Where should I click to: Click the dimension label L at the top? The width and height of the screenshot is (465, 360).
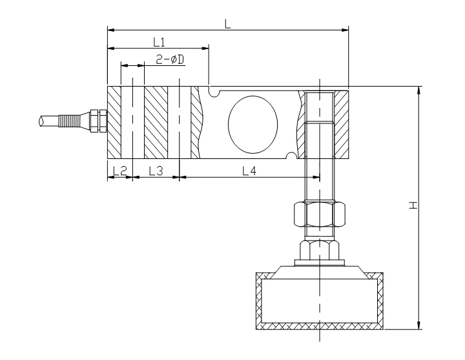[x=227, y=23]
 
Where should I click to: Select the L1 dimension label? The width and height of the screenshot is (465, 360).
[x=160, y=42]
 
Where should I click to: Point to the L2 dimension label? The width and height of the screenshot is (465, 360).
[x=119, y=171]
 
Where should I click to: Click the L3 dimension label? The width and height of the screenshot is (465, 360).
[x=156, y=171]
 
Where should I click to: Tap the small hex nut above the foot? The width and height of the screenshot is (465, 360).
[x=319, y=249]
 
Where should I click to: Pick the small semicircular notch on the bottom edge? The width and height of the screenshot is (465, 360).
[x=294, y=154]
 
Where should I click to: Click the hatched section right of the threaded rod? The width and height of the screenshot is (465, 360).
[x=341, y=122]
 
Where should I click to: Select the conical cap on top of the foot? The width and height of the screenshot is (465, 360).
[x=319, y=268]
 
